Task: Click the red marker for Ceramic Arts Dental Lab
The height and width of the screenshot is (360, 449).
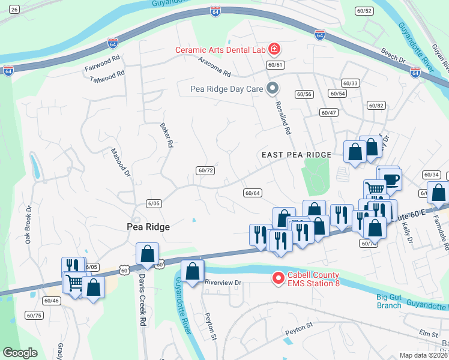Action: (274, 49)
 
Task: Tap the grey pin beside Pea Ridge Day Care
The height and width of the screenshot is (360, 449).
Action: (273, 89)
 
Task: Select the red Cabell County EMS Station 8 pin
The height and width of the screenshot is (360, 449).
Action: (278, 278)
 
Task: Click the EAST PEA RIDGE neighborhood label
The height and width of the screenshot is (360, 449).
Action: (297, 155)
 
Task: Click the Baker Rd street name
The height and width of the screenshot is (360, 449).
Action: (166, 136)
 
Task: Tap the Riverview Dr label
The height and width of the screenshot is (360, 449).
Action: (222, 282)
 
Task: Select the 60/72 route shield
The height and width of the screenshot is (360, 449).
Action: (205, 170)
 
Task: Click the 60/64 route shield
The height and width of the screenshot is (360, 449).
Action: (252, 193)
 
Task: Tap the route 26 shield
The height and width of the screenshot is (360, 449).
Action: (14, 10)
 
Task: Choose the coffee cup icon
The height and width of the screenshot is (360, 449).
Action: (391, 179)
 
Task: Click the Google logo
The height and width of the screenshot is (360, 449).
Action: (20, 352)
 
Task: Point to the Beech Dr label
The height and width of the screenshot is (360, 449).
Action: (393, 58)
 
